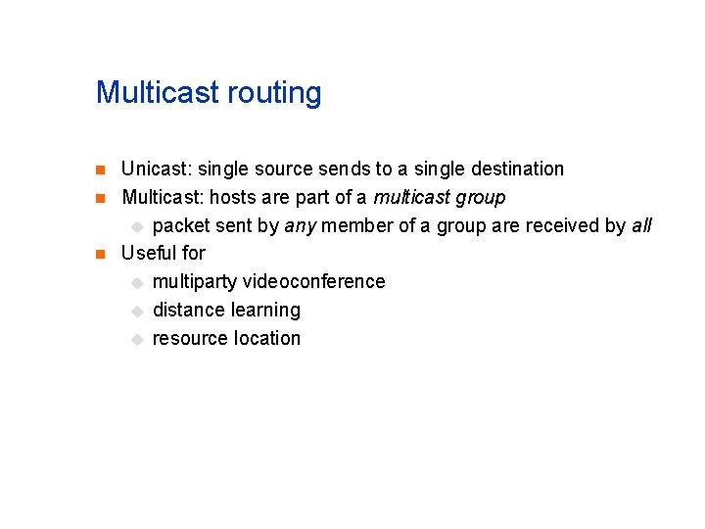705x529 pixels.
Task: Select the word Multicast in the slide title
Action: point(158,93)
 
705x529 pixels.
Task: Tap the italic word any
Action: point(300,226)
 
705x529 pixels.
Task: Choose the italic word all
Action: point(641,225)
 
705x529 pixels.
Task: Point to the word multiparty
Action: point(195,282)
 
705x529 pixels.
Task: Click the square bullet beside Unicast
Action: point(99,170)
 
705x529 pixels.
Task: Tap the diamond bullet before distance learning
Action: point(137,311)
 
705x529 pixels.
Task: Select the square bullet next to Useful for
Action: point(99,255)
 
